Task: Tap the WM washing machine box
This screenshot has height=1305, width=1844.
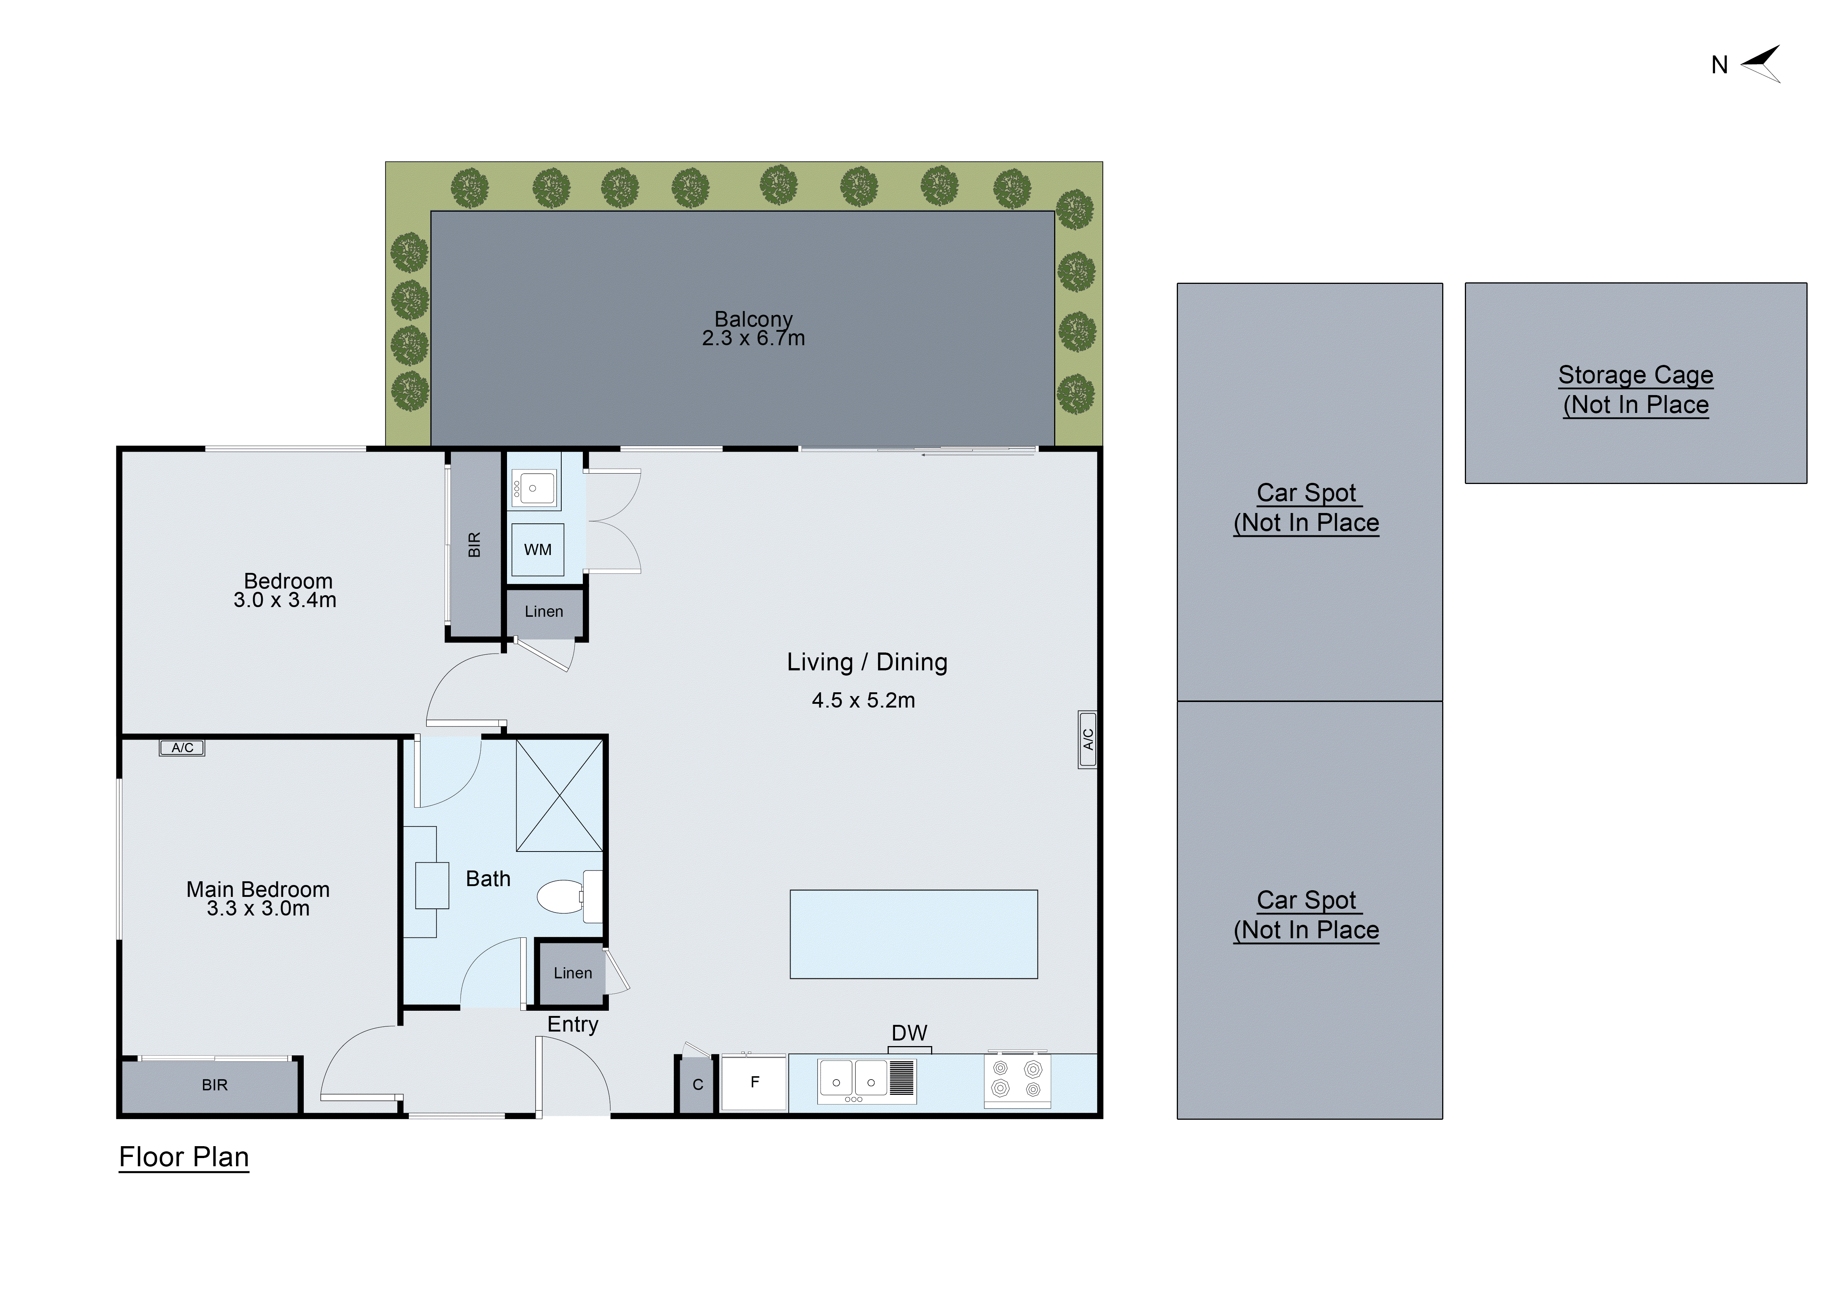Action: click(537, 550)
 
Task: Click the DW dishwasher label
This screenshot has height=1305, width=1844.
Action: click(909, 1033)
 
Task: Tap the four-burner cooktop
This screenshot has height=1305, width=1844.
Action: click(1017, 1079)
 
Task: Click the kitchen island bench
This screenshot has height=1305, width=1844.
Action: click(913, 934)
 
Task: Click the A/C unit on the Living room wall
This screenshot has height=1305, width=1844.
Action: click(1088, 739)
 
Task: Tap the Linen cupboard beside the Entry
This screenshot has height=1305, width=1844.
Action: click(572, 973)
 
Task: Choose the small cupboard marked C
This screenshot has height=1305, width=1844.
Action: click(697, 1085)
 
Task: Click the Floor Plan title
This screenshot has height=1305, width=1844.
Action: click(184, 1157)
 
